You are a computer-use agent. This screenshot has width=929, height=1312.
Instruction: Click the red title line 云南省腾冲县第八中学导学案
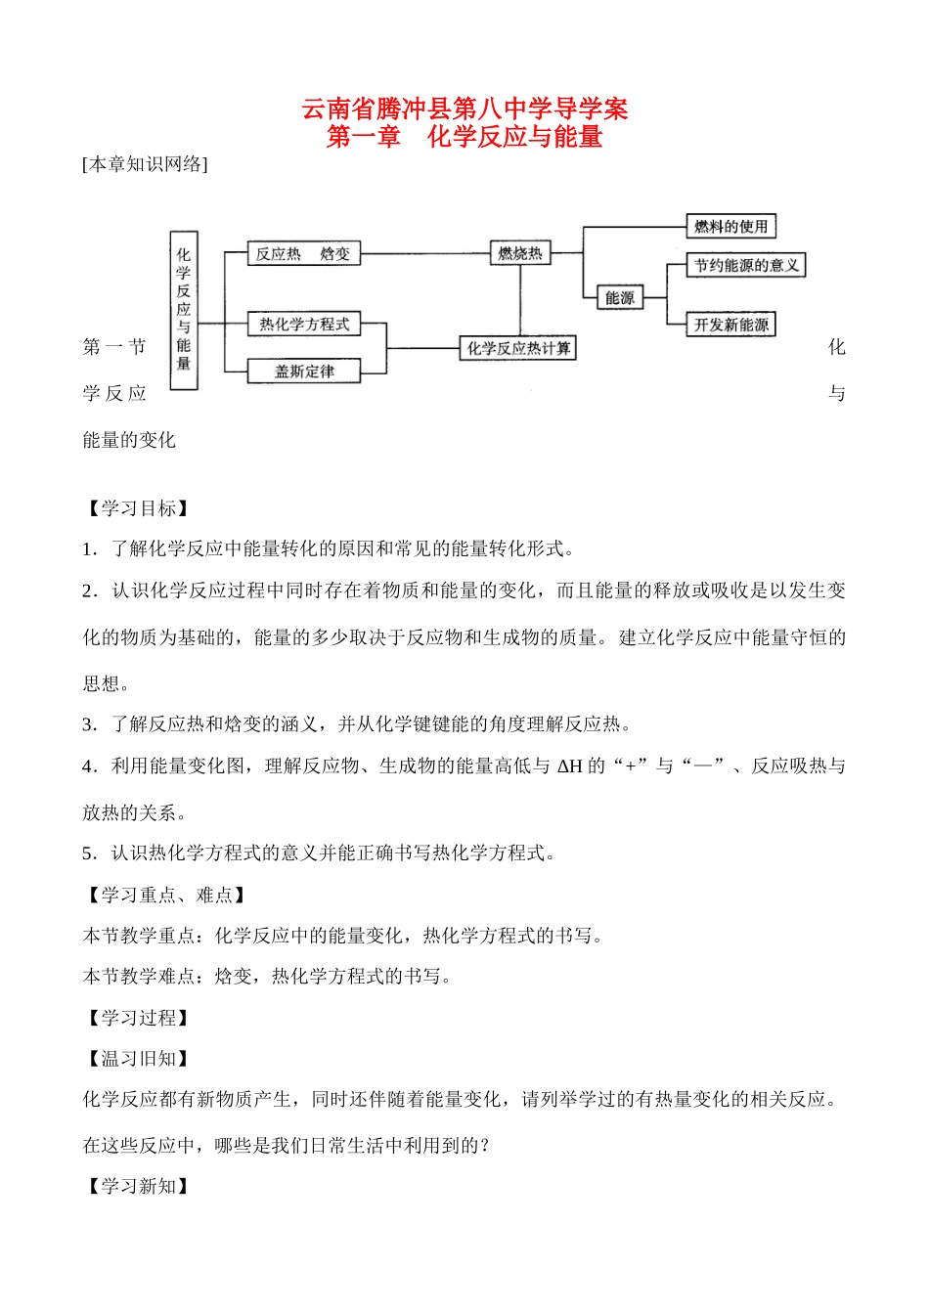pyautogui.click(x=464, y=109)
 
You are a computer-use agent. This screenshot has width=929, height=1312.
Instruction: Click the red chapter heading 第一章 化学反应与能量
pyautogui.click(x=464, y=137)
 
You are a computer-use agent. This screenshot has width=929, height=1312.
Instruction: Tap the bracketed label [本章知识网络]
pyautogui.click(x=146, y=164)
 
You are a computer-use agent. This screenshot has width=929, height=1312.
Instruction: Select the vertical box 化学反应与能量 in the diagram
pyautogui.click(x=184, y=310)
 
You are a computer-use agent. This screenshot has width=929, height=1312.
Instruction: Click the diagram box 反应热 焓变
pyautogui.click(x=303, y=254)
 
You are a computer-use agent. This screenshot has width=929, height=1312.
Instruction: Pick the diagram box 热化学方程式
pyautogui.click(x=304, y=325)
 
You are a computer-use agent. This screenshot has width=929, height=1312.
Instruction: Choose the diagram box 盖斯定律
pyautogui.click(x=304, y=372)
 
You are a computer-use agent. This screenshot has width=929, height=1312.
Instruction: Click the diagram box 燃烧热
pyautogui.click(x=520, y=254)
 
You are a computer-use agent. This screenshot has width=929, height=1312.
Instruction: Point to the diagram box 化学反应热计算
pyautogui.click(x=518, y=348)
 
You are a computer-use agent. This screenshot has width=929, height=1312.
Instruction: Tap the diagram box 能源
pyautogui.click(x=620, y=298)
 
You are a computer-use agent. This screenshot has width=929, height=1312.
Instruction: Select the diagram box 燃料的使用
pyautogui.click(x=731, y=227)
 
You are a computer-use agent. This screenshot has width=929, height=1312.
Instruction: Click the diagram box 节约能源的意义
pyautogui.click(x=746, y=265)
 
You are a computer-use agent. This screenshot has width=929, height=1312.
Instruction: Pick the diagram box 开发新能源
pyautogui.click(x=731, y=325)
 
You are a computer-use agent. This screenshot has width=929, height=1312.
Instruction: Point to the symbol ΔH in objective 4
pyautogui.click(x=569, y=766)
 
